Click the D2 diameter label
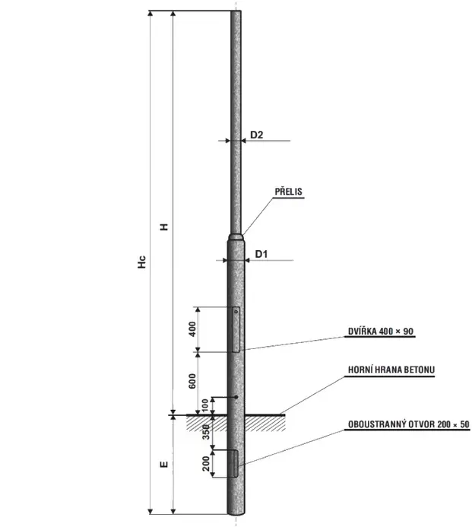tap(257, 135)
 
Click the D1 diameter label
tap(261, 254)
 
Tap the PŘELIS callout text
tap(289, 192)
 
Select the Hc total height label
tap(142, 262)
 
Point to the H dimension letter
tap(164, 227)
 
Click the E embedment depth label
tap(164, 464)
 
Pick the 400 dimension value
tap(192, 329)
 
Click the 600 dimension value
tap(192, 381)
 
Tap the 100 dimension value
tap(205, 406)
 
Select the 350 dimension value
tap(206, 432)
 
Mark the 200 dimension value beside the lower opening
tap(206, 463)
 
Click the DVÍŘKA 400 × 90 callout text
tap(381, 332)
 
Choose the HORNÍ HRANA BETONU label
tap(391, 370)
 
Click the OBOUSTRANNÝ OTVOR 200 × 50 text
tap(408, 424)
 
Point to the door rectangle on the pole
tap(236, 329)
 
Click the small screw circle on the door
tap(236, 312)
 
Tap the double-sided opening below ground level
tap(236, 463)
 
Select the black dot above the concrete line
tap(236, 397)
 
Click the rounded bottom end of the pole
tap(236, 513)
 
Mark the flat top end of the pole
tap(236, 11)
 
